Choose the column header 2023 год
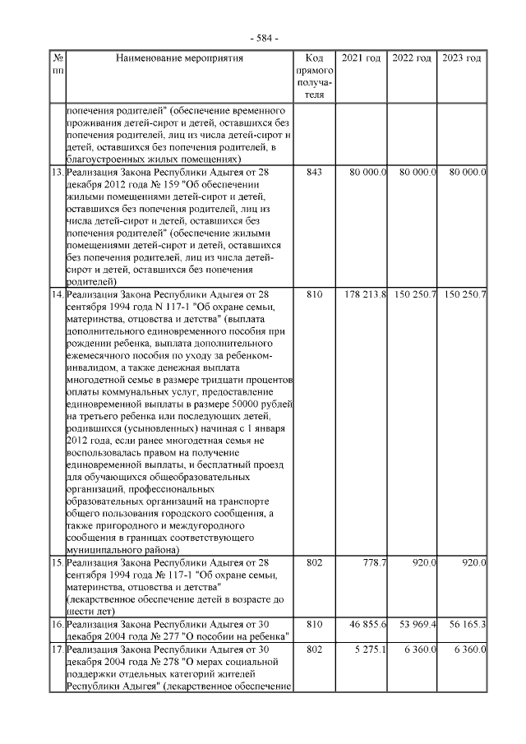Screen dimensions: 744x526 point(462,58)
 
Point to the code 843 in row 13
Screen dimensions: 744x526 point(313,173)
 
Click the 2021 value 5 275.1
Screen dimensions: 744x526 point(370,649)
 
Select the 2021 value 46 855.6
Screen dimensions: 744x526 point(367,625)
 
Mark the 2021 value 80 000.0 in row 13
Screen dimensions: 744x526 point(367,173)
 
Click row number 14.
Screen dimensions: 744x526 point(58,294)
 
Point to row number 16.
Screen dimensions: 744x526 point(58,625)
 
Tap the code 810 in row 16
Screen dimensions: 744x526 point(313,625)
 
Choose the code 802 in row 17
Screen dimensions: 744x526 point(313,649)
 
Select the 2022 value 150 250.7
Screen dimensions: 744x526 point(415,294)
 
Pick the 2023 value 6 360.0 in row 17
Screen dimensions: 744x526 point(468,649)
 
